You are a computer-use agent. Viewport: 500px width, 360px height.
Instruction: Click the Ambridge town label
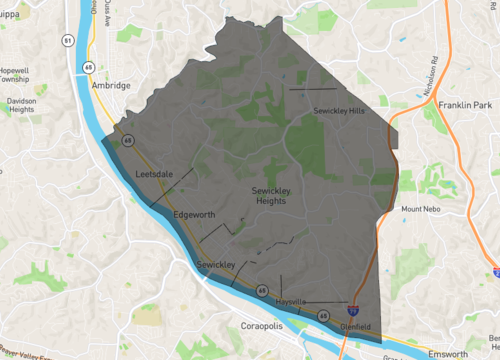click(x=111, y=86)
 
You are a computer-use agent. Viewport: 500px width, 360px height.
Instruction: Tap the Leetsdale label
click(x=154, y=175)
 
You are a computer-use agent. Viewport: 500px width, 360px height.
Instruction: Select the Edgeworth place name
click(x=193, y=215)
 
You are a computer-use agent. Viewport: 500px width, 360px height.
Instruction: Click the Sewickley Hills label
click(x=338, y=110)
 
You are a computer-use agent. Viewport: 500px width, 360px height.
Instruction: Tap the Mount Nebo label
click(x=421, y=209)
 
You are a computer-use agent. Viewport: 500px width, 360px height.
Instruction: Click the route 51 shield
click(x=67, y=40)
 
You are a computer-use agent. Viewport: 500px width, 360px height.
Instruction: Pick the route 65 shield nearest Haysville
click(x=324, y=316)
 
